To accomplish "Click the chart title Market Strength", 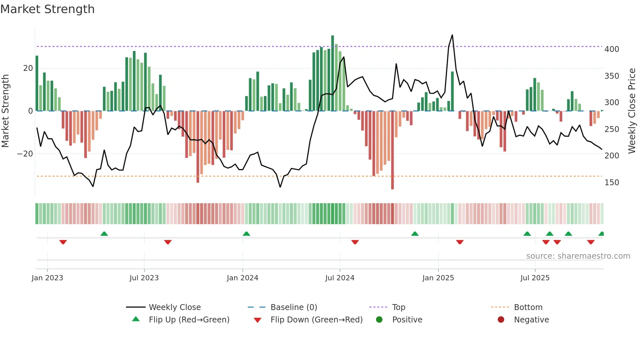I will (x=47, y=9).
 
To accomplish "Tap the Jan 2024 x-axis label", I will (x=242, y=278).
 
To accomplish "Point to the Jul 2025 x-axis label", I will (x=535, y=278).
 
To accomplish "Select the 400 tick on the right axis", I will (x=611, y=49).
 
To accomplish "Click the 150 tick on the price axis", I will (x=611, y=183).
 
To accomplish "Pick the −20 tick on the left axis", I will (x=25, y=154).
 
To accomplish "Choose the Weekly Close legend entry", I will (x=174, y=307).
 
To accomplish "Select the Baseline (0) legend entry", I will (x=294, y=307).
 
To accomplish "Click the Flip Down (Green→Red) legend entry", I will (x=316, y=320).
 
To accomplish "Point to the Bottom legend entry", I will (x=528, y=307).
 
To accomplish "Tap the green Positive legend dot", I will (x=379, y=320).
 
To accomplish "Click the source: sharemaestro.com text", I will (x=578, y=256).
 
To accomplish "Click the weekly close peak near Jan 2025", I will (x=452, y=35).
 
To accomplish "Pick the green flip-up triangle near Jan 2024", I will (x=247, y=234).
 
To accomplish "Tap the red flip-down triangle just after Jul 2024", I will (x=355, y=242).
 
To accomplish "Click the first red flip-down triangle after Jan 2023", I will (x=63, y=242).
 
